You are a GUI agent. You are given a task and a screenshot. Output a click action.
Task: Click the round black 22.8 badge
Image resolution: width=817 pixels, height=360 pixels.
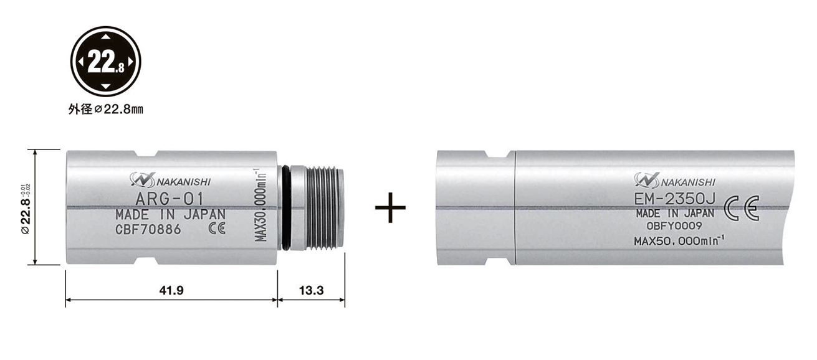(x=105, y=61)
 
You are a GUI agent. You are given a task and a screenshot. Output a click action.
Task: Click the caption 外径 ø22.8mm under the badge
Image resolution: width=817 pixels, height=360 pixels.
(x=106, y=110)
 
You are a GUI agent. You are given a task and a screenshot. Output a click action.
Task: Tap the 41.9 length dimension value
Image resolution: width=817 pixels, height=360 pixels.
(x=171, y=290)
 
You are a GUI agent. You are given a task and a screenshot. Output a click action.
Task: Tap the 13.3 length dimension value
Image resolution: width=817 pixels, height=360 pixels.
(x=312, y=290)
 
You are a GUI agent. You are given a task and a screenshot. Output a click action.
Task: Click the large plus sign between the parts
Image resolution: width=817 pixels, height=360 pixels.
(x=390, y=207)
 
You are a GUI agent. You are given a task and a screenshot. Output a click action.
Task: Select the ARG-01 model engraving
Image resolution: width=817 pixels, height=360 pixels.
(x=170, y=199)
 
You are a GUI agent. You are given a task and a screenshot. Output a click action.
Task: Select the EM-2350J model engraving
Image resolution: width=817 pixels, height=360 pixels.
(x=675, y=199)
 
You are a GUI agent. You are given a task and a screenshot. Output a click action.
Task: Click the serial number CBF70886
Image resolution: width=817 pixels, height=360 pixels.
(x=148, y=230)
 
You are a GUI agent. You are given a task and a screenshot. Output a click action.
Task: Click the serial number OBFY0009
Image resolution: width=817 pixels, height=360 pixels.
(x=674, y=226)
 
